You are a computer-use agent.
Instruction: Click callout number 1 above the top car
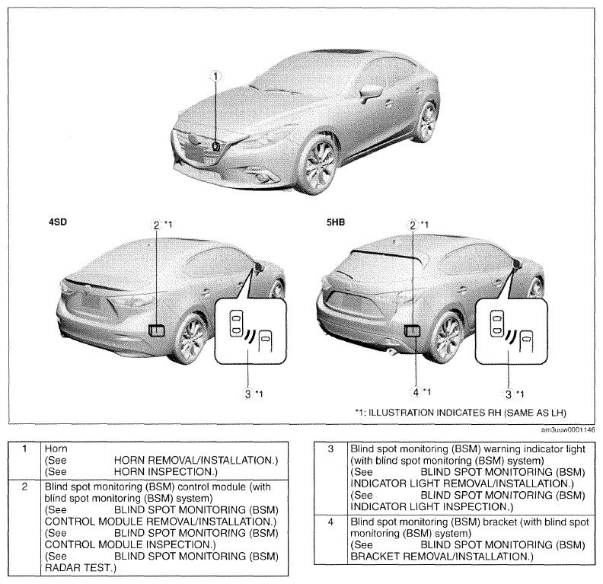click(x=215, y=76)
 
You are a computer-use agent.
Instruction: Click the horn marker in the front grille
click(x=216, y=146)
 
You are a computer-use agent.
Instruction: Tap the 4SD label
click(x=58, y=222)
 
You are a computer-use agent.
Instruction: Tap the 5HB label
click(x=336, y=222)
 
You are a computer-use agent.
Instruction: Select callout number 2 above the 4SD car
click(x=156, y=225)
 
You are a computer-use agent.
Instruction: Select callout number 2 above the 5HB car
click(x=413, y=225)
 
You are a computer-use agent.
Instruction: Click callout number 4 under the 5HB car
click(x=416, y=392)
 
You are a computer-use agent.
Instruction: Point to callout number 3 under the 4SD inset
click(x=247, y=394)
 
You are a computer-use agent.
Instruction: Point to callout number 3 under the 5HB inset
click(x=509, y=394)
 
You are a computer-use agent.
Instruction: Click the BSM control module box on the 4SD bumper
click(x=157, y=330)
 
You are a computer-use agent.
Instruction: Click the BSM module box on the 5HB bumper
click(x=412, y=330)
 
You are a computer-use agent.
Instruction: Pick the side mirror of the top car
click(x=371, y=91)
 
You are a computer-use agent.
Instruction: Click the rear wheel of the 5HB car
click(x=447, y=337)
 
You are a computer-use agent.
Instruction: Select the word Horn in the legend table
click(x=56, y=448)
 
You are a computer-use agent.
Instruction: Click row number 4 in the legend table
click(x=330, y=522)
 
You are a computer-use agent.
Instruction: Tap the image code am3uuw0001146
click(x=568, y=430)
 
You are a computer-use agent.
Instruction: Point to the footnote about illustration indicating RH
click(x=461, y=413)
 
